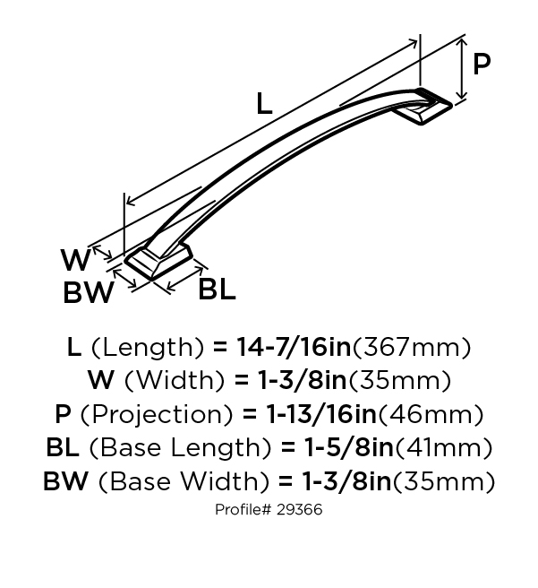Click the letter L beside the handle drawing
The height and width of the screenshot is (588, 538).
(x=264, y=104)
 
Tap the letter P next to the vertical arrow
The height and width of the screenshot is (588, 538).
(x=482, y=65)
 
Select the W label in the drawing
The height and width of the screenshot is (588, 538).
(x=76, y=260)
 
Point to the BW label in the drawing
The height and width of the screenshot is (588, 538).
(x=89, y=292)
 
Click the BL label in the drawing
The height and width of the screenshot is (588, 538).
(x=217, y=289)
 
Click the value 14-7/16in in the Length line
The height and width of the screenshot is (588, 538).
(x=294, y=347)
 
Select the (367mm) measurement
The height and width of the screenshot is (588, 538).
(x=412, y=348)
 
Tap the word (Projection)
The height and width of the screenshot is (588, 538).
(x=157, y=415)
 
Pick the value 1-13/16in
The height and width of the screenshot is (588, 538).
(x=321, y=414)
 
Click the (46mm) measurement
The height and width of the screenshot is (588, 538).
(x=431, y=415)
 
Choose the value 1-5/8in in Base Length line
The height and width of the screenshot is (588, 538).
(x=349, y=447)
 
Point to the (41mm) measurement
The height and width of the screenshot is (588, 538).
(x=444, y=448)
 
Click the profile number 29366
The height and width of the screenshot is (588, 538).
(x=300, y=510)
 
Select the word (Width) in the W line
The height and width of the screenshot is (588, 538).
(x=175, y=381)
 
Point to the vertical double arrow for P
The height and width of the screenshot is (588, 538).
(x=463, y=69)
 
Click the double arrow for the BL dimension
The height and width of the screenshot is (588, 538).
(x=185, y=278)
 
